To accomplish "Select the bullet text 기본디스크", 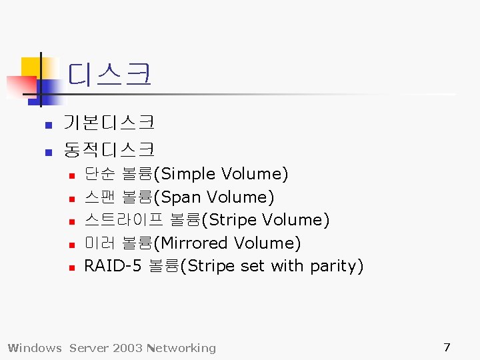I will point(109,123).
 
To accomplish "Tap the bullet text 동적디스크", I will point(109,149).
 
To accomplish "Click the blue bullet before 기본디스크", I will point(48,125).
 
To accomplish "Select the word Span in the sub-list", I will point(181,197).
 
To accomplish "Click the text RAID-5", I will point(113,266).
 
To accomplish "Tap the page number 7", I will point(447,347).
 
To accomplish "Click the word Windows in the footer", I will point(35,348).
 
